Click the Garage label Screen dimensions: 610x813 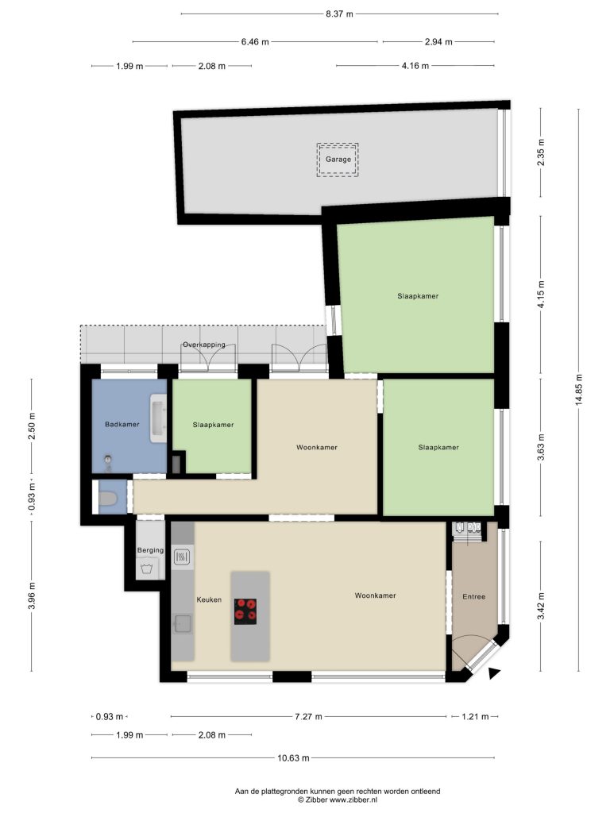click(338, 159)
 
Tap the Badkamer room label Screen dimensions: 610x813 click(122, 424)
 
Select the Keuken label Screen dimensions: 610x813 click(209, 599)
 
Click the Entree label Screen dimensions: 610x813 click(474, 597)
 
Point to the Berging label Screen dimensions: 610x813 click(150, 550)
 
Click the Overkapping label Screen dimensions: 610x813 click(204, 345)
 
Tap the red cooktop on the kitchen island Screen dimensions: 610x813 click(245, 611)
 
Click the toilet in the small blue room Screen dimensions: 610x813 click(107, 499)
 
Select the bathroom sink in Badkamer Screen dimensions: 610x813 click(158, 418)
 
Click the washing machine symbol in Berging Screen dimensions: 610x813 click(147, 568)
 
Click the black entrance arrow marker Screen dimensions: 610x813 click(494, 673)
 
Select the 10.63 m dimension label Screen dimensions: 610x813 click(293, 758)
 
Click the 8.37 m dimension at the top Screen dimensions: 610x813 click(339, 14)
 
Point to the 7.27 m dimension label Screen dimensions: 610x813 click(308, 717)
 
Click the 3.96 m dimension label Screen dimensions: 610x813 click(32, 596)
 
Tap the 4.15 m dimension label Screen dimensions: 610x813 click(541, 295)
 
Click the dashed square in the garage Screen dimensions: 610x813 click(338, 160)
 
